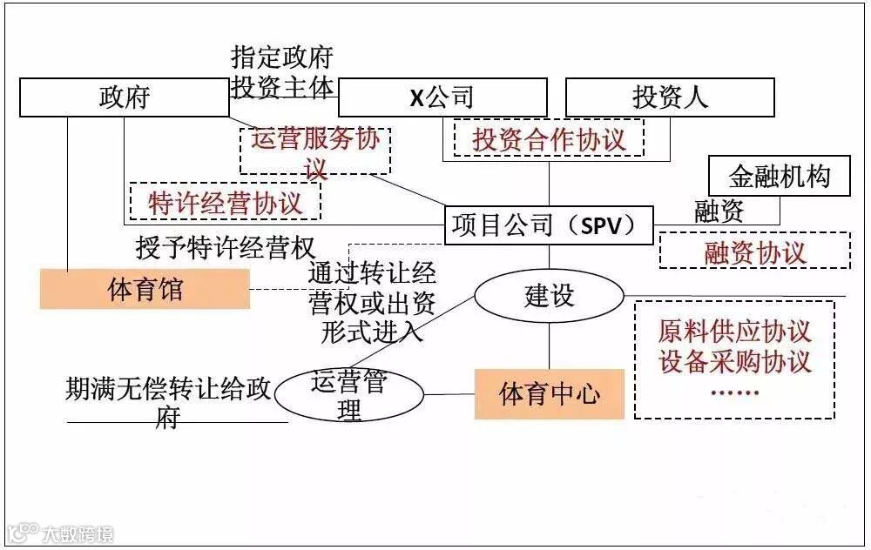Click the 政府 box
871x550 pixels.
pos(125,97)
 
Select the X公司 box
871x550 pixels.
pos(442,97)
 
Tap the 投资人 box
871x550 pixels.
pos(670,97)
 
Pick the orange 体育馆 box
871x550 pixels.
pos(145,289)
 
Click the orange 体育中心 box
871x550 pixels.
pos(549,393)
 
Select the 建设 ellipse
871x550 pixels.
pos(549,296)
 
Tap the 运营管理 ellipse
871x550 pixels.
pos(348,396)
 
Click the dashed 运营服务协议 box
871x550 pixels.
pos(315,151)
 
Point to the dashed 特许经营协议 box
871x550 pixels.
pos(225,202)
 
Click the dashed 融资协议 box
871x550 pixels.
pos(754,252)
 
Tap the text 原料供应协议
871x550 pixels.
pos(734,332)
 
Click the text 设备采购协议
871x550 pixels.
pos(734,361)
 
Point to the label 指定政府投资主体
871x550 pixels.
pos(281,72)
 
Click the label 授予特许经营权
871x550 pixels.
pos(225,247)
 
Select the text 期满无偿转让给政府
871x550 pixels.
pos(169,401)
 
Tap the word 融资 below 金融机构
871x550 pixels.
pos(719,211)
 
